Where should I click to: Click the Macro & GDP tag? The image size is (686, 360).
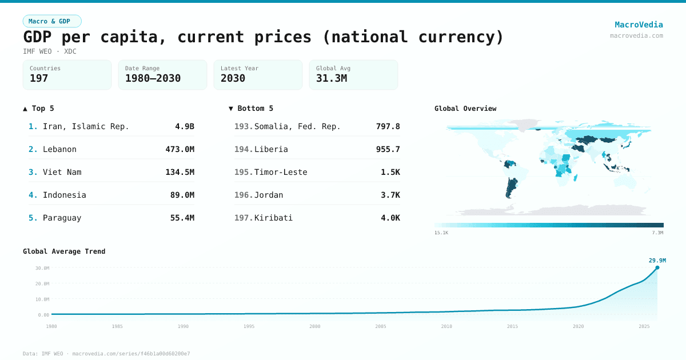tap(52, 21)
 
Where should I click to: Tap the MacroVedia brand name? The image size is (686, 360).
tap(639, 25)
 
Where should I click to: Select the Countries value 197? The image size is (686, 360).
tap(39, 78)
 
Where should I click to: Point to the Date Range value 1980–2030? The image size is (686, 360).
tap(153, 78)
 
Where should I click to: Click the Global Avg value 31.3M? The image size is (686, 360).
tap(331, 78)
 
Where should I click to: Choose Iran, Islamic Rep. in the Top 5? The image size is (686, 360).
tap(86, 126)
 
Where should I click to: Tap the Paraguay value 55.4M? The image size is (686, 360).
tap(182, 218)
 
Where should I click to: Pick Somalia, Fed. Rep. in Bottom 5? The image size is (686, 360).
tap(297, 126)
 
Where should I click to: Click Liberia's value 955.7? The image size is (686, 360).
tap(388, 149)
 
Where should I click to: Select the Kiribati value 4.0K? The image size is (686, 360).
tap(390, 218)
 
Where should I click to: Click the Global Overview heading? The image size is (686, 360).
tap(465, 109)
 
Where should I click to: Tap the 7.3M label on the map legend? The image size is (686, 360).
tap(657, 233)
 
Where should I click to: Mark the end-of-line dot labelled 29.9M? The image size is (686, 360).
tap(657, 267)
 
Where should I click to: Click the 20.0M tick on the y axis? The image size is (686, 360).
tap(42, 283)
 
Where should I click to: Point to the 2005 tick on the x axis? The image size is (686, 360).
tap(381, 326)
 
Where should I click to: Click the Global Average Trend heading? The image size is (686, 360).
tap(64, 251)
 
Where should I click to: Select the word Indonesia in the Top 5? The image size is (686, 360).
tap(64, 195)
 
